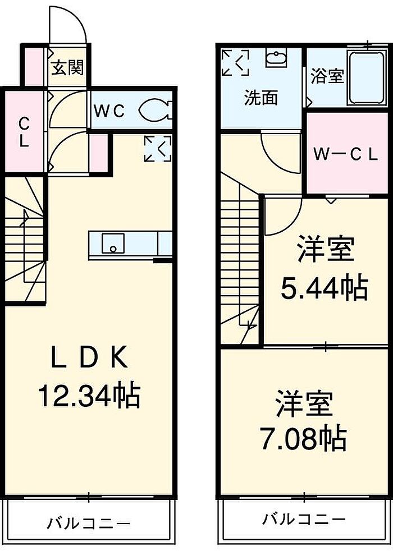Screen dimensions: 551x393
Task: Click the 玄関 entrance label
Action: tap(68, 68)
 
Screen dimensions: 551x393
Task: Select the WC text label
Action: tap(109, 111)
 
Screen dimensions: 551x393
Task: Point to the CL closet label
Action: tap(24, 132)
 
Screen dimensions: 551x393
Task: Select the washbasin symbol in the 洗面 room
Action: tap(275, 58)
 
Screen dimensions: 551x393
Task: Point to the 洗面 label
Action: tap(261, 98)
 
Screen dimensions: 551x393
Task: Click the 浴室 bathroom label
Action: tap(326, 76)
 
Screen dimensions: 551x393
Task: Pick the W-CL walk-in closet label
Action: tap(345, 155)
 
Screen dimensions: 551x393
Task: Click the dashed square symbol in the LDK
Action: tap(158, 148)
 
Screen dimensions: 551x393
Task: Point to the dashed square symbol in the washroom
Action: tap(235, 63)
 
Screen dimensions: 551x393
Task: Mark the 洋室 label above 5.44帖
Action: tap(326, 250)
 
